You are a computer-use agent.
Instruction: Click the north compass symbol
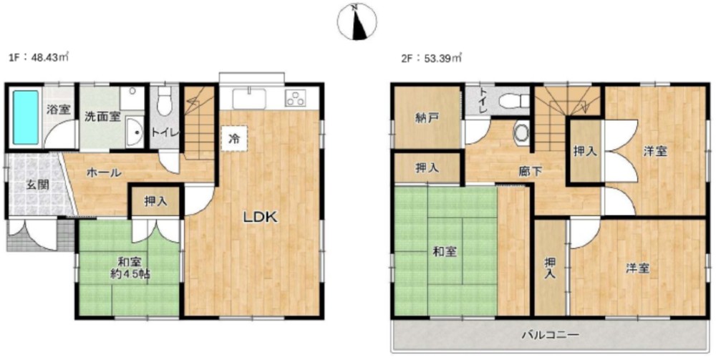click(x=357, y=21)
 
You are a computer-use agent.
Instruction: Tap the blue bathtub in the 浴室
click(x=26, y=117)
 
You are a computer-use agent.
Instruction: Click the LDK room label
click(x=260, y=218)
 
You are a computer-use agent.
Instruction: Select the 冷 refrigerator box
click(x=234, y=138)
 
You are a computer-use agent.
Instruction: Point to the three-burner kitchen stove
click(x=296, y=99)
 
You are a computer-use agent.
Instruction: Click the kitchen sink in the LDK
click(x=249, y=99)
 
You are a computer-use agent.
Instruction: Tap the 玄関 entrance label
click(x=37, y=185)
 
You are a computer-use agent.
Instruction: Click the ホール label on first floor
click(x=104, y=172)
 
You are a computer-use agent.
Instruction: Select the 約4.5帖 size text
click(x=130, y=275)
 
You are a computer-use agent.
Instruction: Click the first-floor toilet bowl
click(x=163, y=102)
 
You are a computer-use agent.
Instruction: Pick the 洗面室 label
click(x=102, y=117)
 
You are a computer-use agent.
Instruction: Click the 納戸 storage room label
click(x=427, y=117)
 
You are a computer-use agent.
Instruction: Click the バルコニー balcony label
click(x=551, y=335)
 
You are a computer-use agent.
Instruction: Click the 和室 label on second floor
click(x=445, y=251)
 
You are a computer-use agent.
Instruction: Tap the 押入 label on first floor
click(x=156, y=201)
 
